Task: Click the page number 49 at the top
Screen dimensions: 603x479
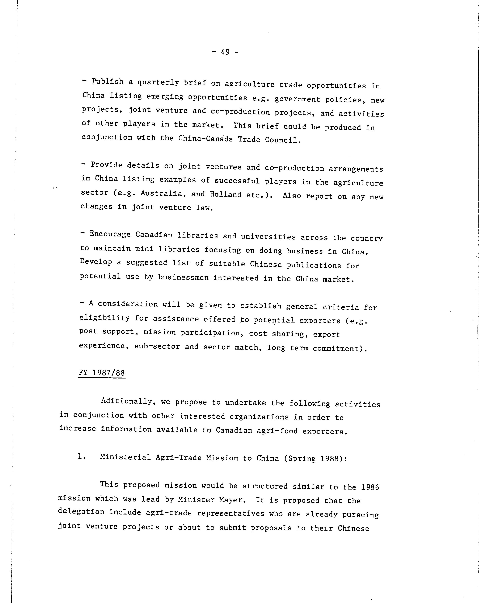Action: tap(225, 52)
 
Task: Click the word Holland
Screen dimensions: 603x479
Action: tap(225, 194)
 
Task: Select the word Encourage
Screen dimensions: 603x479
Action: tap(110, 234)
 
